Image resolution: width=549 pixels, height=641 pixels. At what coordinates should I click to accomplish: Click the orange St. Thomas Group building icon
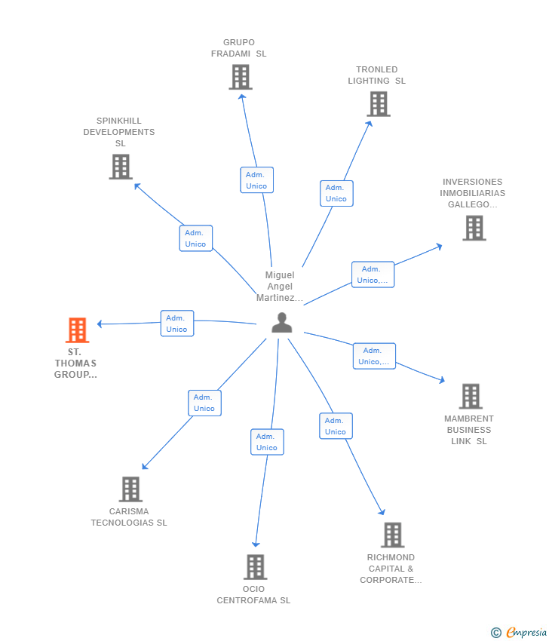click(x=77, y=330)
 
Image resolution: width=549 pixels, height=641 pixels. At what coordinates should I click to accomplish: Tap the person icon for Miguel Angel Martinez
click(x=281, y=323)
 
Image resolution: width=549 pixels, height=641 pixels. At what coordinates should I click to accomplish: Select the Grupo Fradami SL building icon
click(x=240, y=77)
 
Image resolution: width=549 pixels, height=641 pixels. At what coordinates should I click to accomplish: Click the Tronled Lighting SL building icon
click(x=378, y=104)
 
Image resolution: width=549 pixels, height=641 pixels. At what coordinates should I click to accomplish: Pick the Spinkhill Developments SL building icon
click(x=120, y=167)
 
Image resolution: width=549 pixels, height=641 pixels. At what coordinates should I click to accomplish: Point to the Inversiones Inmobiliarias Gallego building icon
click(x=474, y=228)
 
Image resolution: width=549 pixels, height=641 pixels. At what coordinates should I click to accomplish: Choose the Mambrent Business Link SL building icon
click(x=470, y=396)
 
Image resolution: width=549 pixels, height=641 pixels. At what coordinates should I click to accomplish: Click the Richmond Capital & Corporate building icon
click(x=392, y=535)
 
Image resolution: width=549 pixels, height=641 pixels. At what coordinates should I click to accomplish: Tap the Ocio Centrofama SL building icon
click(x=255, y=566)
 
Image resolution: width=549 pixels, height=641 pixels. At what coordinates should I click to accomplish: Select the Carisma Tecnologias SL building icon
click(x=130, y=489)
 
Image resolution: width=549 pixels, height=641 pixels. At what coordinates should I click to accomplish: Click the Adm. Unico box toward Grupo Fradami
click(x=256, y=180)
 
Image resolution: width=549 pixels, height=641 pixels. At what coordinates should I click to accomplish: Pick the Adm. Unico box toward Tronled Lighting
click(x=336, y=193)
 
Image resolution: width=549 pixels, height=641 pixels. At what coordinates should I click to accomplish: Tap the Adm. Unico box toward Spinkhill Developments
click(x=195, y=238)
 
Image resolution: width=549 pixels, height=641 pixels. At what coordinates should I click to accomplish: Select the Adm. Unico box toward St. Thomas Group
click(x=176, y=324)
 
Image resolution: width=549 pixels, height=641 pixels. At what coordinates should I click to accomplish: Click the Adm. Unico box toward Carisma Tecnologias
click(x=204, y=403)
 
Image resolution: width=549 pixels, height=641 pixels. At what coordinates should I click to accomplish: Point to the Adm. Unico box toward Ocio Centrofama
click(x=267, y=442)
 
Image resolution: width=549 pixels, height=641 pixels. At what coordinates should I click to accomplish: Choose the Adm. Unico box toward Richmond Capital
click(x=336, y=426)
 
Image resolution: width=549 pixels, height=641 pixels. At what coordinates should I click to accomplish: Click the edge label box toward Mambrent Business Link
click(x=373, y=356)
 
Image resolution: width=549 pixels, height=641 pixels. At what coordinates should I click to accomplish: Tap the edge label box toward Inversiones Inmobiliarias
click(x=373, y=274)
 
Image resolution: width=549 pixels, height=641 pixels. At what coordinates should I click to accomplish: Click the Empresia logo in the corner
click(x=519, y=632)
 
